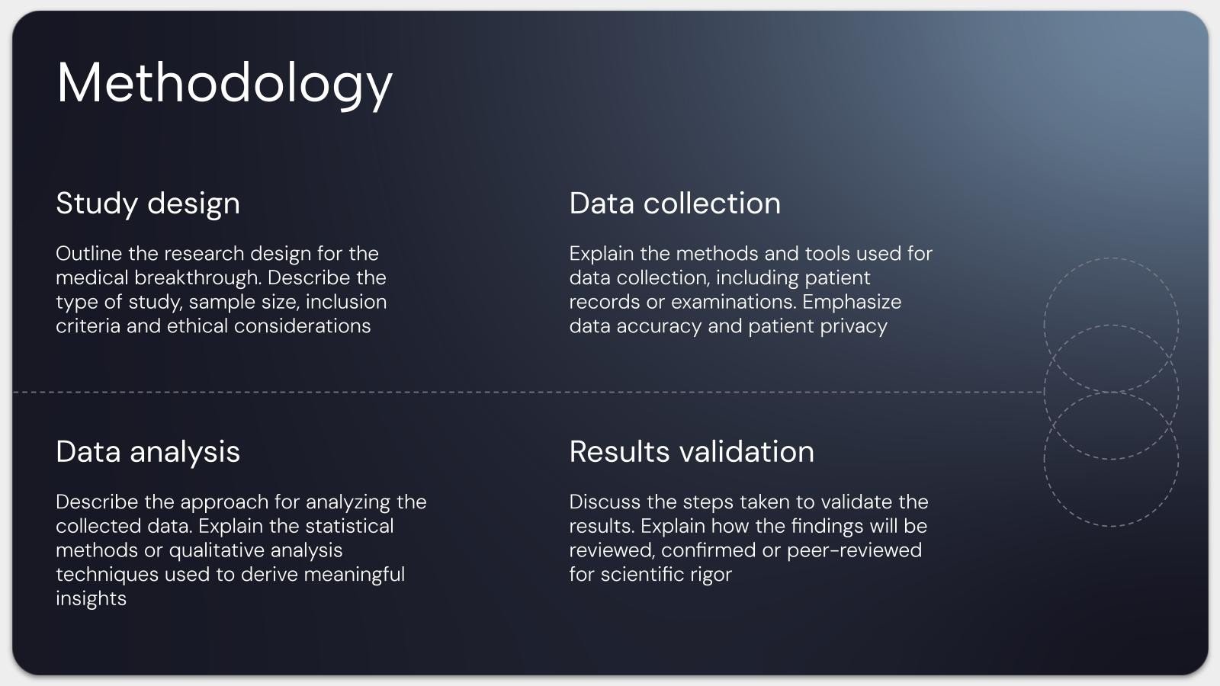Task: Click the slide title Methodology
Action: click(224, 84)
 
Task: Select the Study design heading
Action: click(148, 204)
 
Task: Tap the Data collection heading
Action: click(675, 203)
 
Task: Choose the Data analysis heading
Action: click(148, 453)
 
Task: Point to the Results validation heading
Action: click(692, 451)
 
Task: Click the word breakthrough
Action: click(197, 277)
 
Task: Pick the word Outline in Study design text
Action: click(88, 253)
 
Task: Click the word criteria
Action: click(88, 325)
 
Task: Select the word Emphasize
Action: click(852, 303)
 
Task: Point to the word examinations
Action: click(734, 302)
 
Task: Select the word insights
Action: click(91, 599)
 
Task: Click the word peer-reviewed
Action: click(854, 551)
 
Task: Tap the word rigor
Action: click(711, 575)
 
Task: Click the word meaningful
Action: click(354, 575)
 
